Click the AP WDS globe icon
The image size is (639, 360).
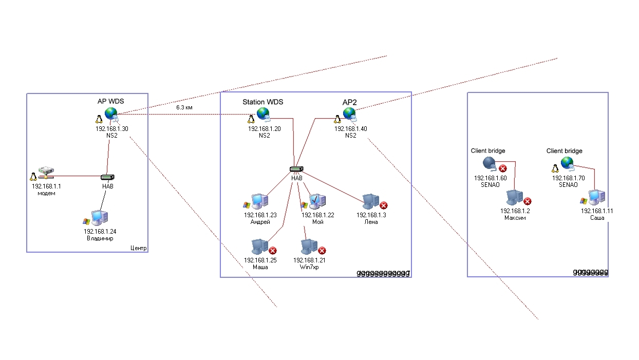111,114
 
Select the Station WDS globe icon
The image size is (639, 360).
263,114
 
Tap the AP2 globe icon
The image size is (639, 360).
350,114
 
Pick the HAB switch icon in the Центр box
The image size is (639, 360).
107,177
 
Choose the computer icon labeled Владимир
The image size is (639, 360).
98,218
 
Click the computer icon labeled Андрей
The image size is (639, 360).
258,202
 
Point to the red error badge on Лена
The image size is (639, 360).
383,205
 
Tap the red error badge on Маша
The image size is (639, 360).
273,251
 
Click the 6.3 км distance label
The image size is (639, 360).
184,108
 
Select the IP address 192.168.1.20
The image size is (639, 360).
264,129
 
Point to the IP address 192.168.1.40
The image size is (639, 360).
350,129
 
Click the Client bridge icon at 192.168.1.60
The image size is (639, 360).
489,164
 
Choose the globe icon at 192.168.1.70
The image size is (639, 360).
567,163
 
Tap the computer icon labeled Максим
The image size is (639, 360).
514,198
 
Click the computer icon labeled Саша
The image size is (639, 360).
596,197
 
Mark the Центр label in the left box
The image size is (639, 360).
138,248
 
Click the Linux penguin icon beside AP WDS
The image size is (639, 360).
99,119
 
